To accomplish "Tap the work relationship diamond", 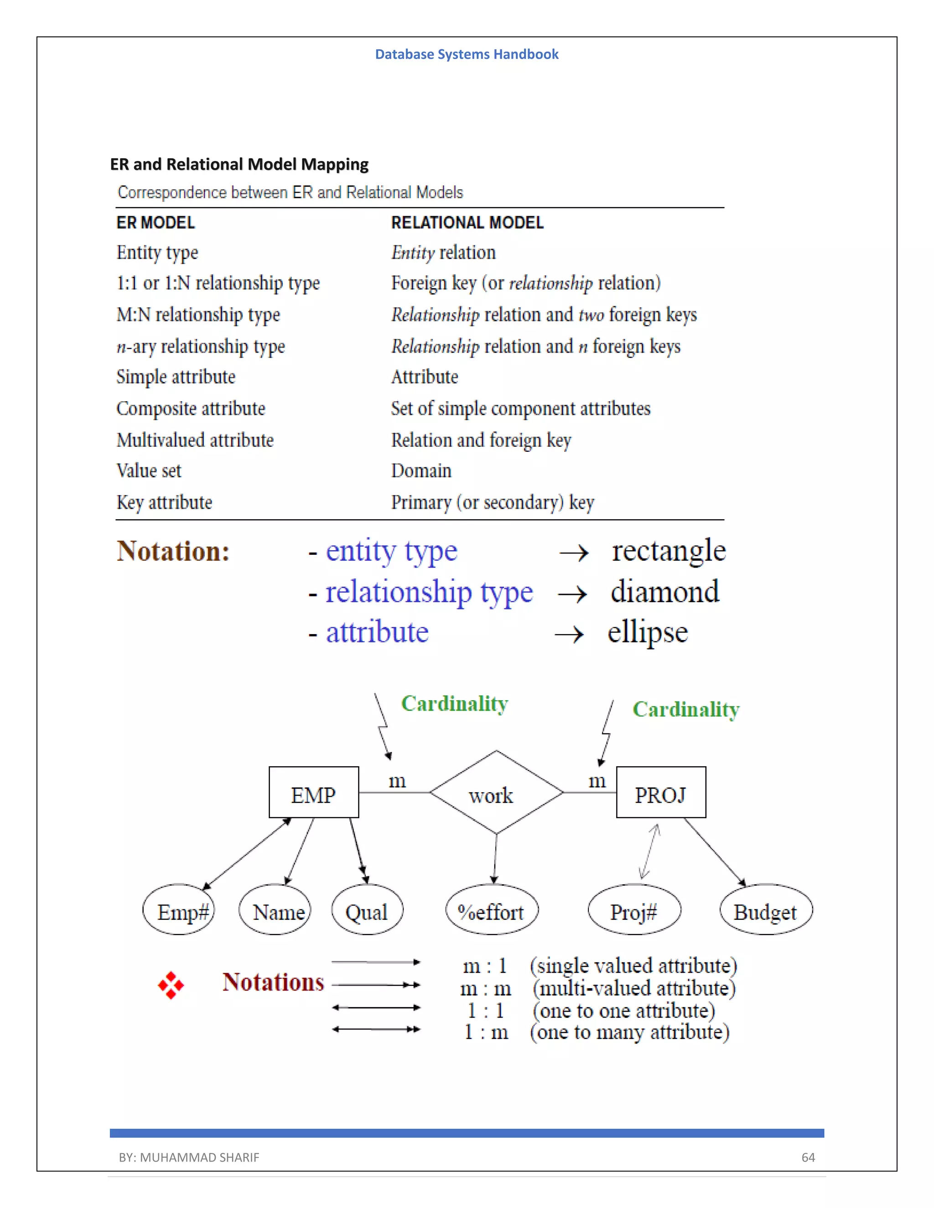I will click(496, 793).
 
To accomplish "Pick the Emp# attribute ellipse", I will click(178, 910).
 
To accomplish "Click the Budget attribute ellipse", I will click(766, 910).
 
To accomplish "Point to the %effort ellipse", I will click(491, 910).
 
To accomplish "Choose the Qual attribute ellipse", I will click(367, 910).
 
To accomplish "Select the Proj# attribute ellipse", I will click(634, 910).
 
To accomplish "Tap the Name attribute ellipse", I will click(275, 910).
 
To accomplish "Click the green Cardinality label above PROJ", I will click(685, 709).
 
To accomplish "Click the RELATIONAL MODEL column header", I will click(467, 222).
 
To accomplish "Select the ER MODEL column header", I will click(156, 222).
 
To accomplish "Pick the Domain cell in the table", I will click(421, 471).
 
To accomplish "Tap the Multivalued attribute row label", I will click(195, 440).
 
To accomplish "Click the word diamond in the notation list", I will click(664, 591).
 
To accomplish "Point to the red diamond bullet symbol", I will click(171, 985).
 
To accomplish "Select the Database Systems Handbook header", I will click(467, 54).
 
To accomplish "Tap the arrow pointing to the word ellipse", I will click(569, 634).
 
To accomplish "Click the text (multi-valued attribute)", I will click(634, 988).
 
